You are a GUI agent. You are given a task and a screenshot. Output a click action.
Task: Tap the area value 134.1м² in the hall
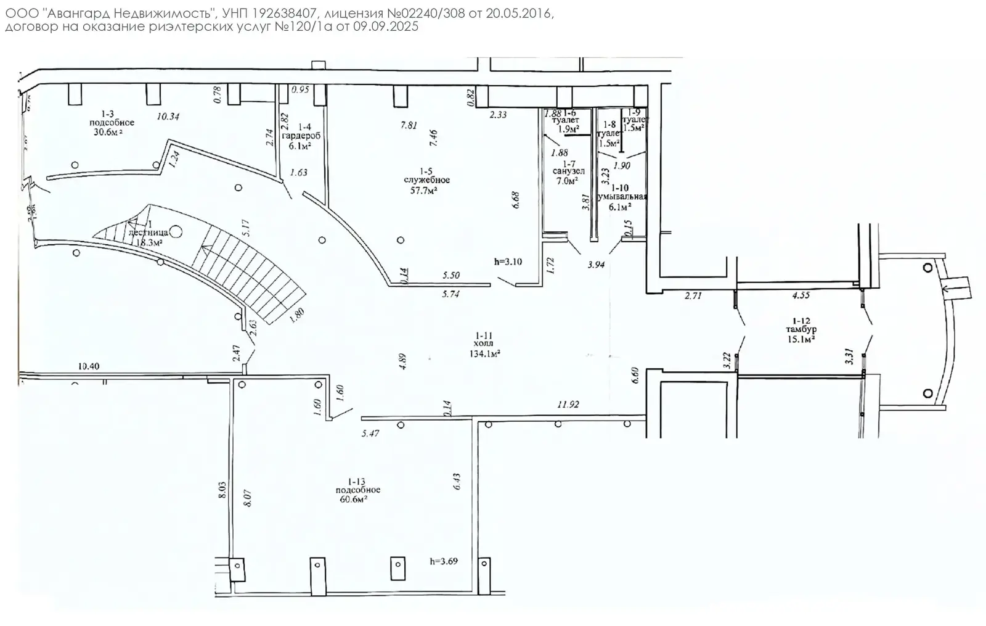484,353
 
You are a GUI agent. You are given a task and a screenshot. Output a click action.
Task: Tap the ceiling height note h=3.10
508,261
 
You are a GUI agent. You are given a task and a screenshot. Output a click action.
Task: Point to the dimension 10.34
168,116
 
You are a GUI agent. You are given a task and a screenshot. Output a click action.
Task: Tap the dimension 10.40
89,366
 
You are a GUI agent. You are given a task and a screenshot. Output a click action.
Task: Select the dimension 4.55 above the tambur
801,295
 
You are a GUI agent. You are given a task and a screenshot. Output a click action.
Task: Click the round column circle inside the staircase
176,232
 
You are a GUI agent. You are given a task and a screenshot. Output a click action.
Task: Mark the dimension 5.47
370,434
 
